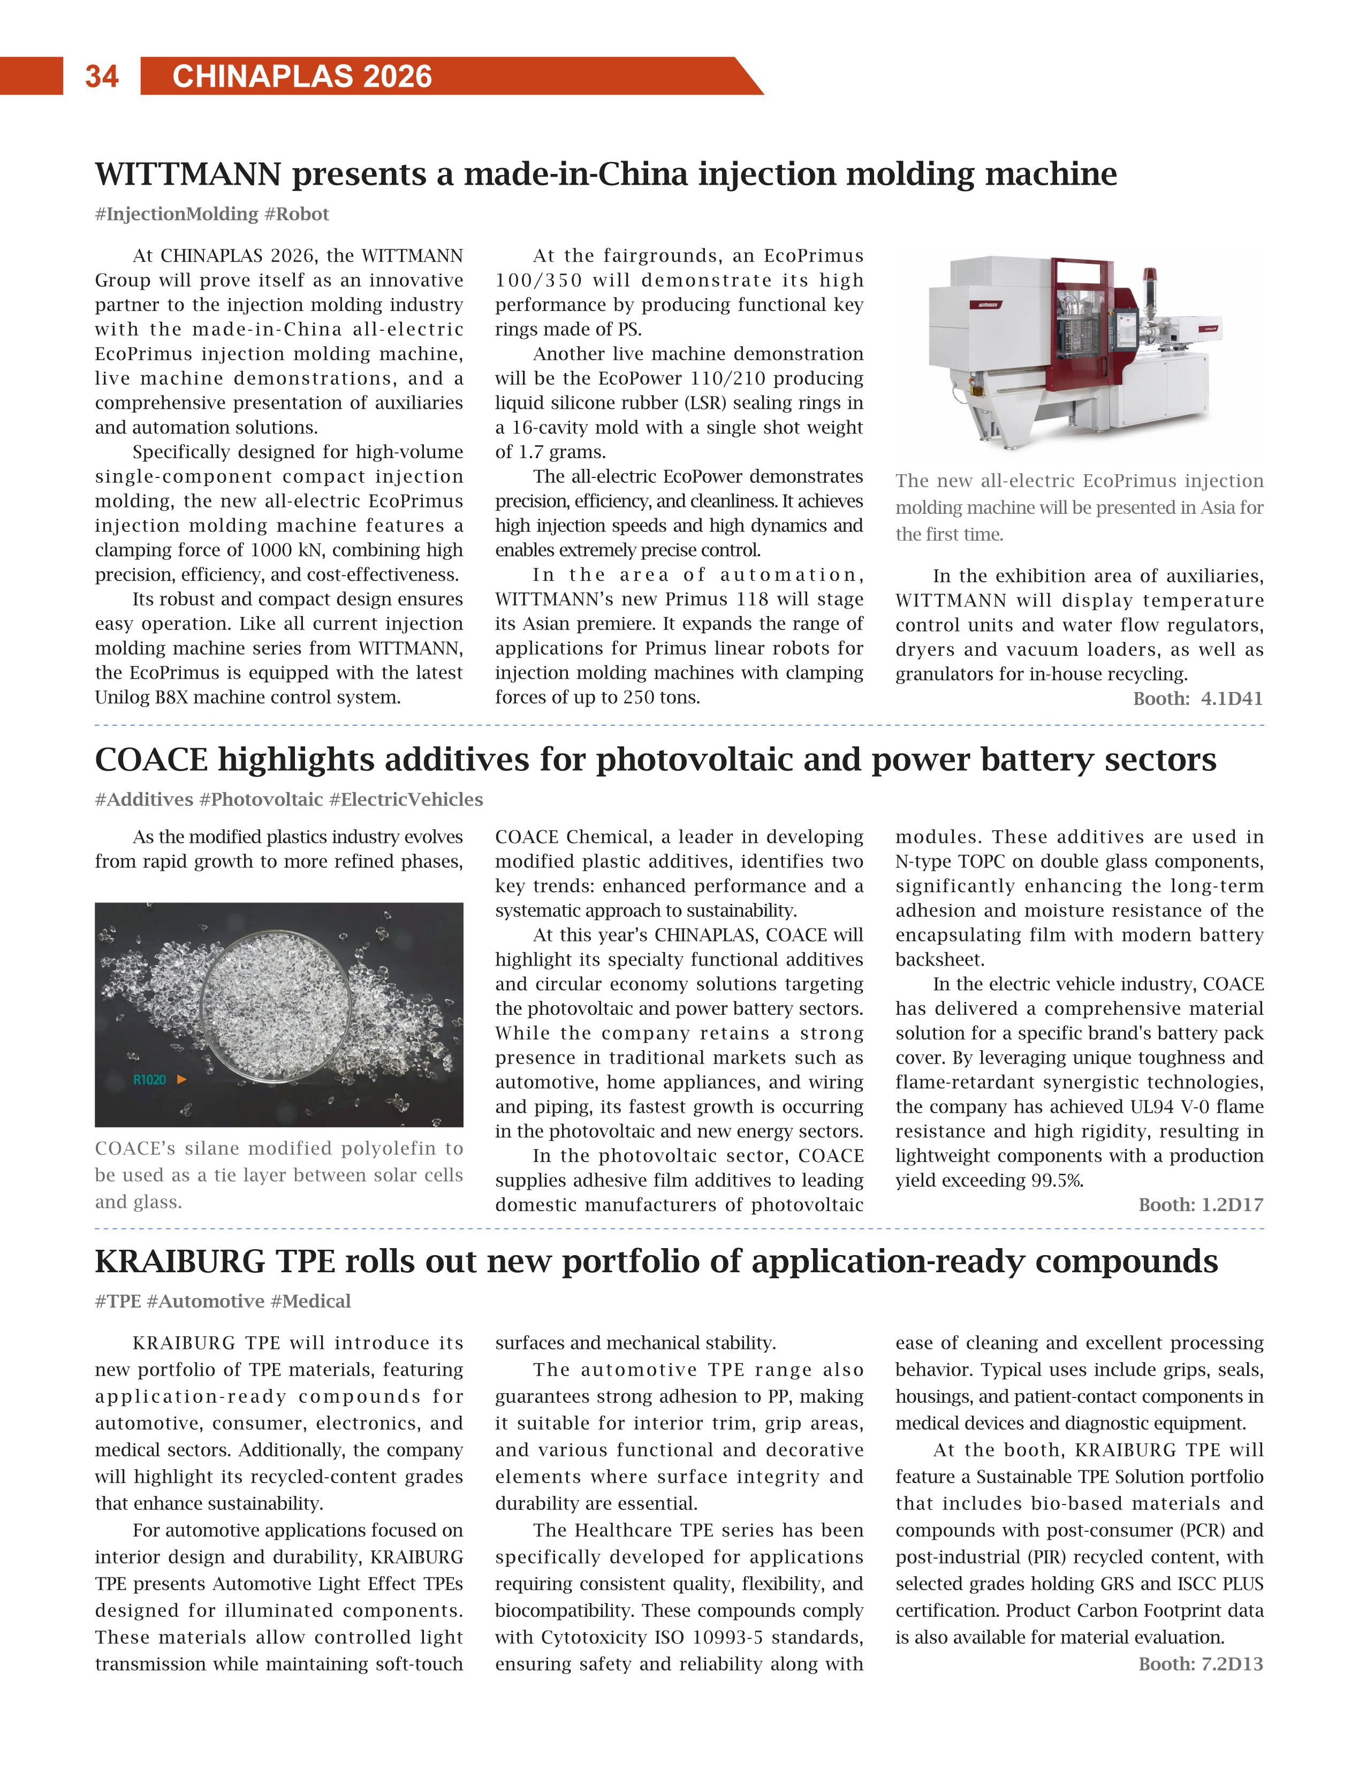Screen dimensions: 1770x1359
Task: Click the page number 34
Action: [x=101, y=76]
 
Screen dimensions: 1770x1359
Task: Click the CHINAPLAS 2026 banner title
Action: [x=302, y=76]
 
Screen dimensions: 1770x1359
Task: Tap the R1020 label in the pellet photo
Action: [x=150, y=1080]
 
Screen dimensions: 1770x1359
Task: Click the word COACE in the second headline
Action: [x=151, y=759]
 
